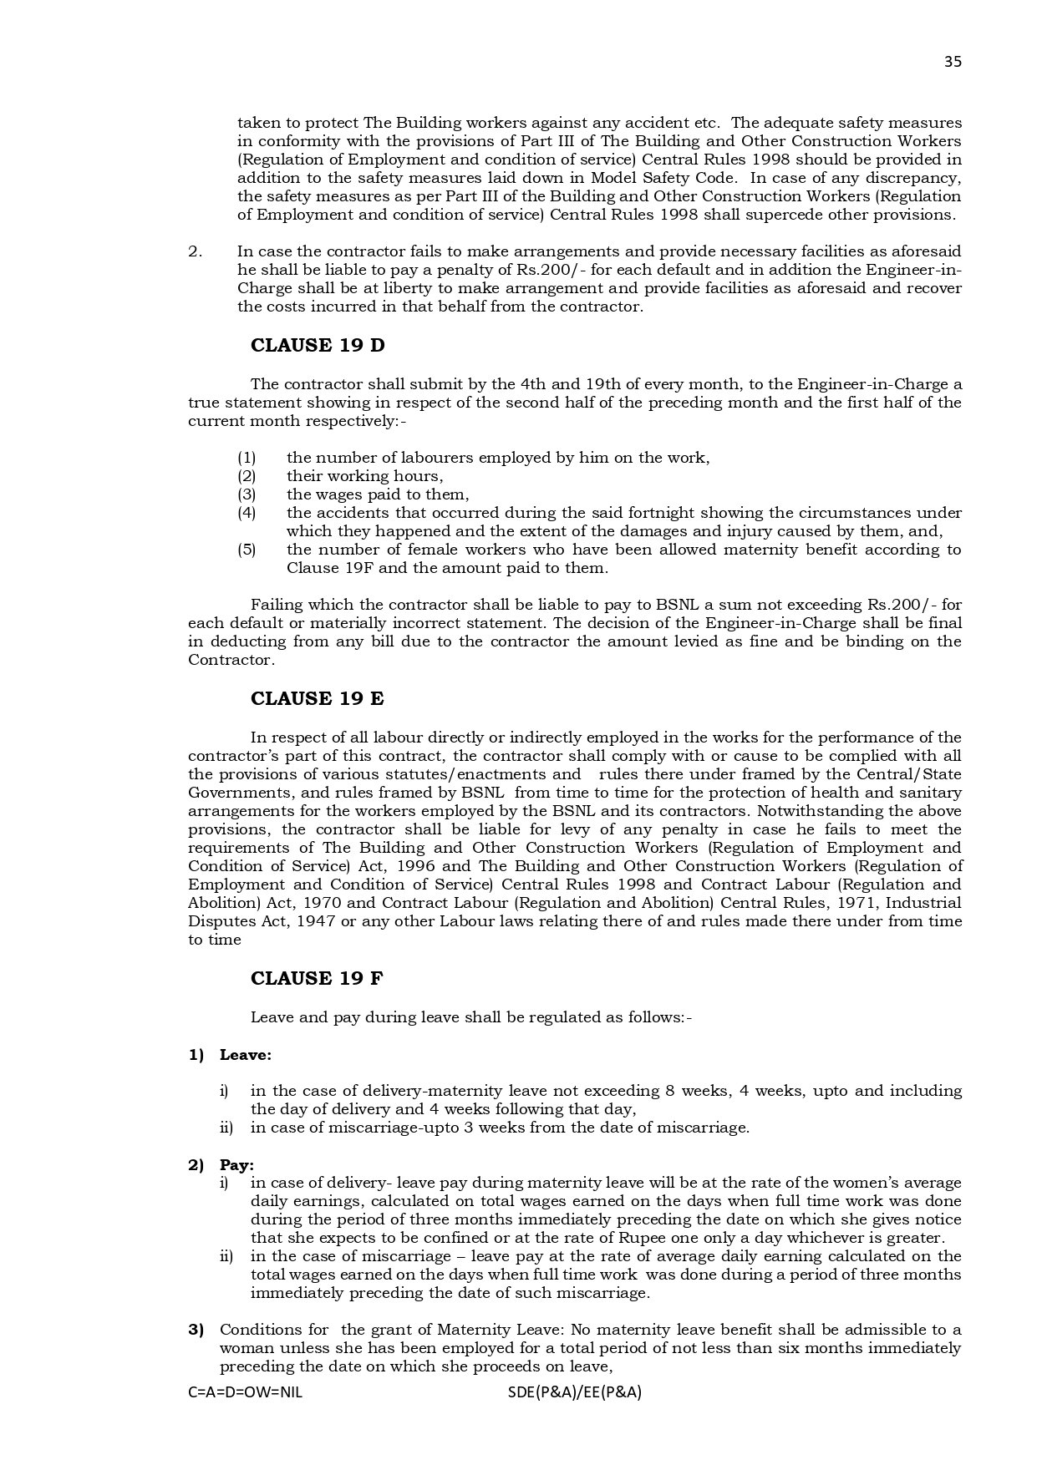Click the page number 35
953,62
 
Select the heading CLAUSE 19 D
318,346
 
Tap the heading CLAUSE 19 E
318,699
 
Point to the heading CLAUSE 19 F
317,978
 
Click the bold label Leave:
246,1055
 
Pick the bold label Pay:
237,1165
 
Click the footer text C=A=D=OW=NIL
246,1392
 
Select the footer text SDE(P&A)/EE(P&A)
574,1392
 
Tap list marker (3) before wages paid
247,494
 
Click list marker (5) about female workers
247,550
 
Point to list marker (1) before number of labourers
247,458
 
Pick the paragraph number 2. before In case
195,251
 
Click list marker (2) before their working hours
247,476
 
